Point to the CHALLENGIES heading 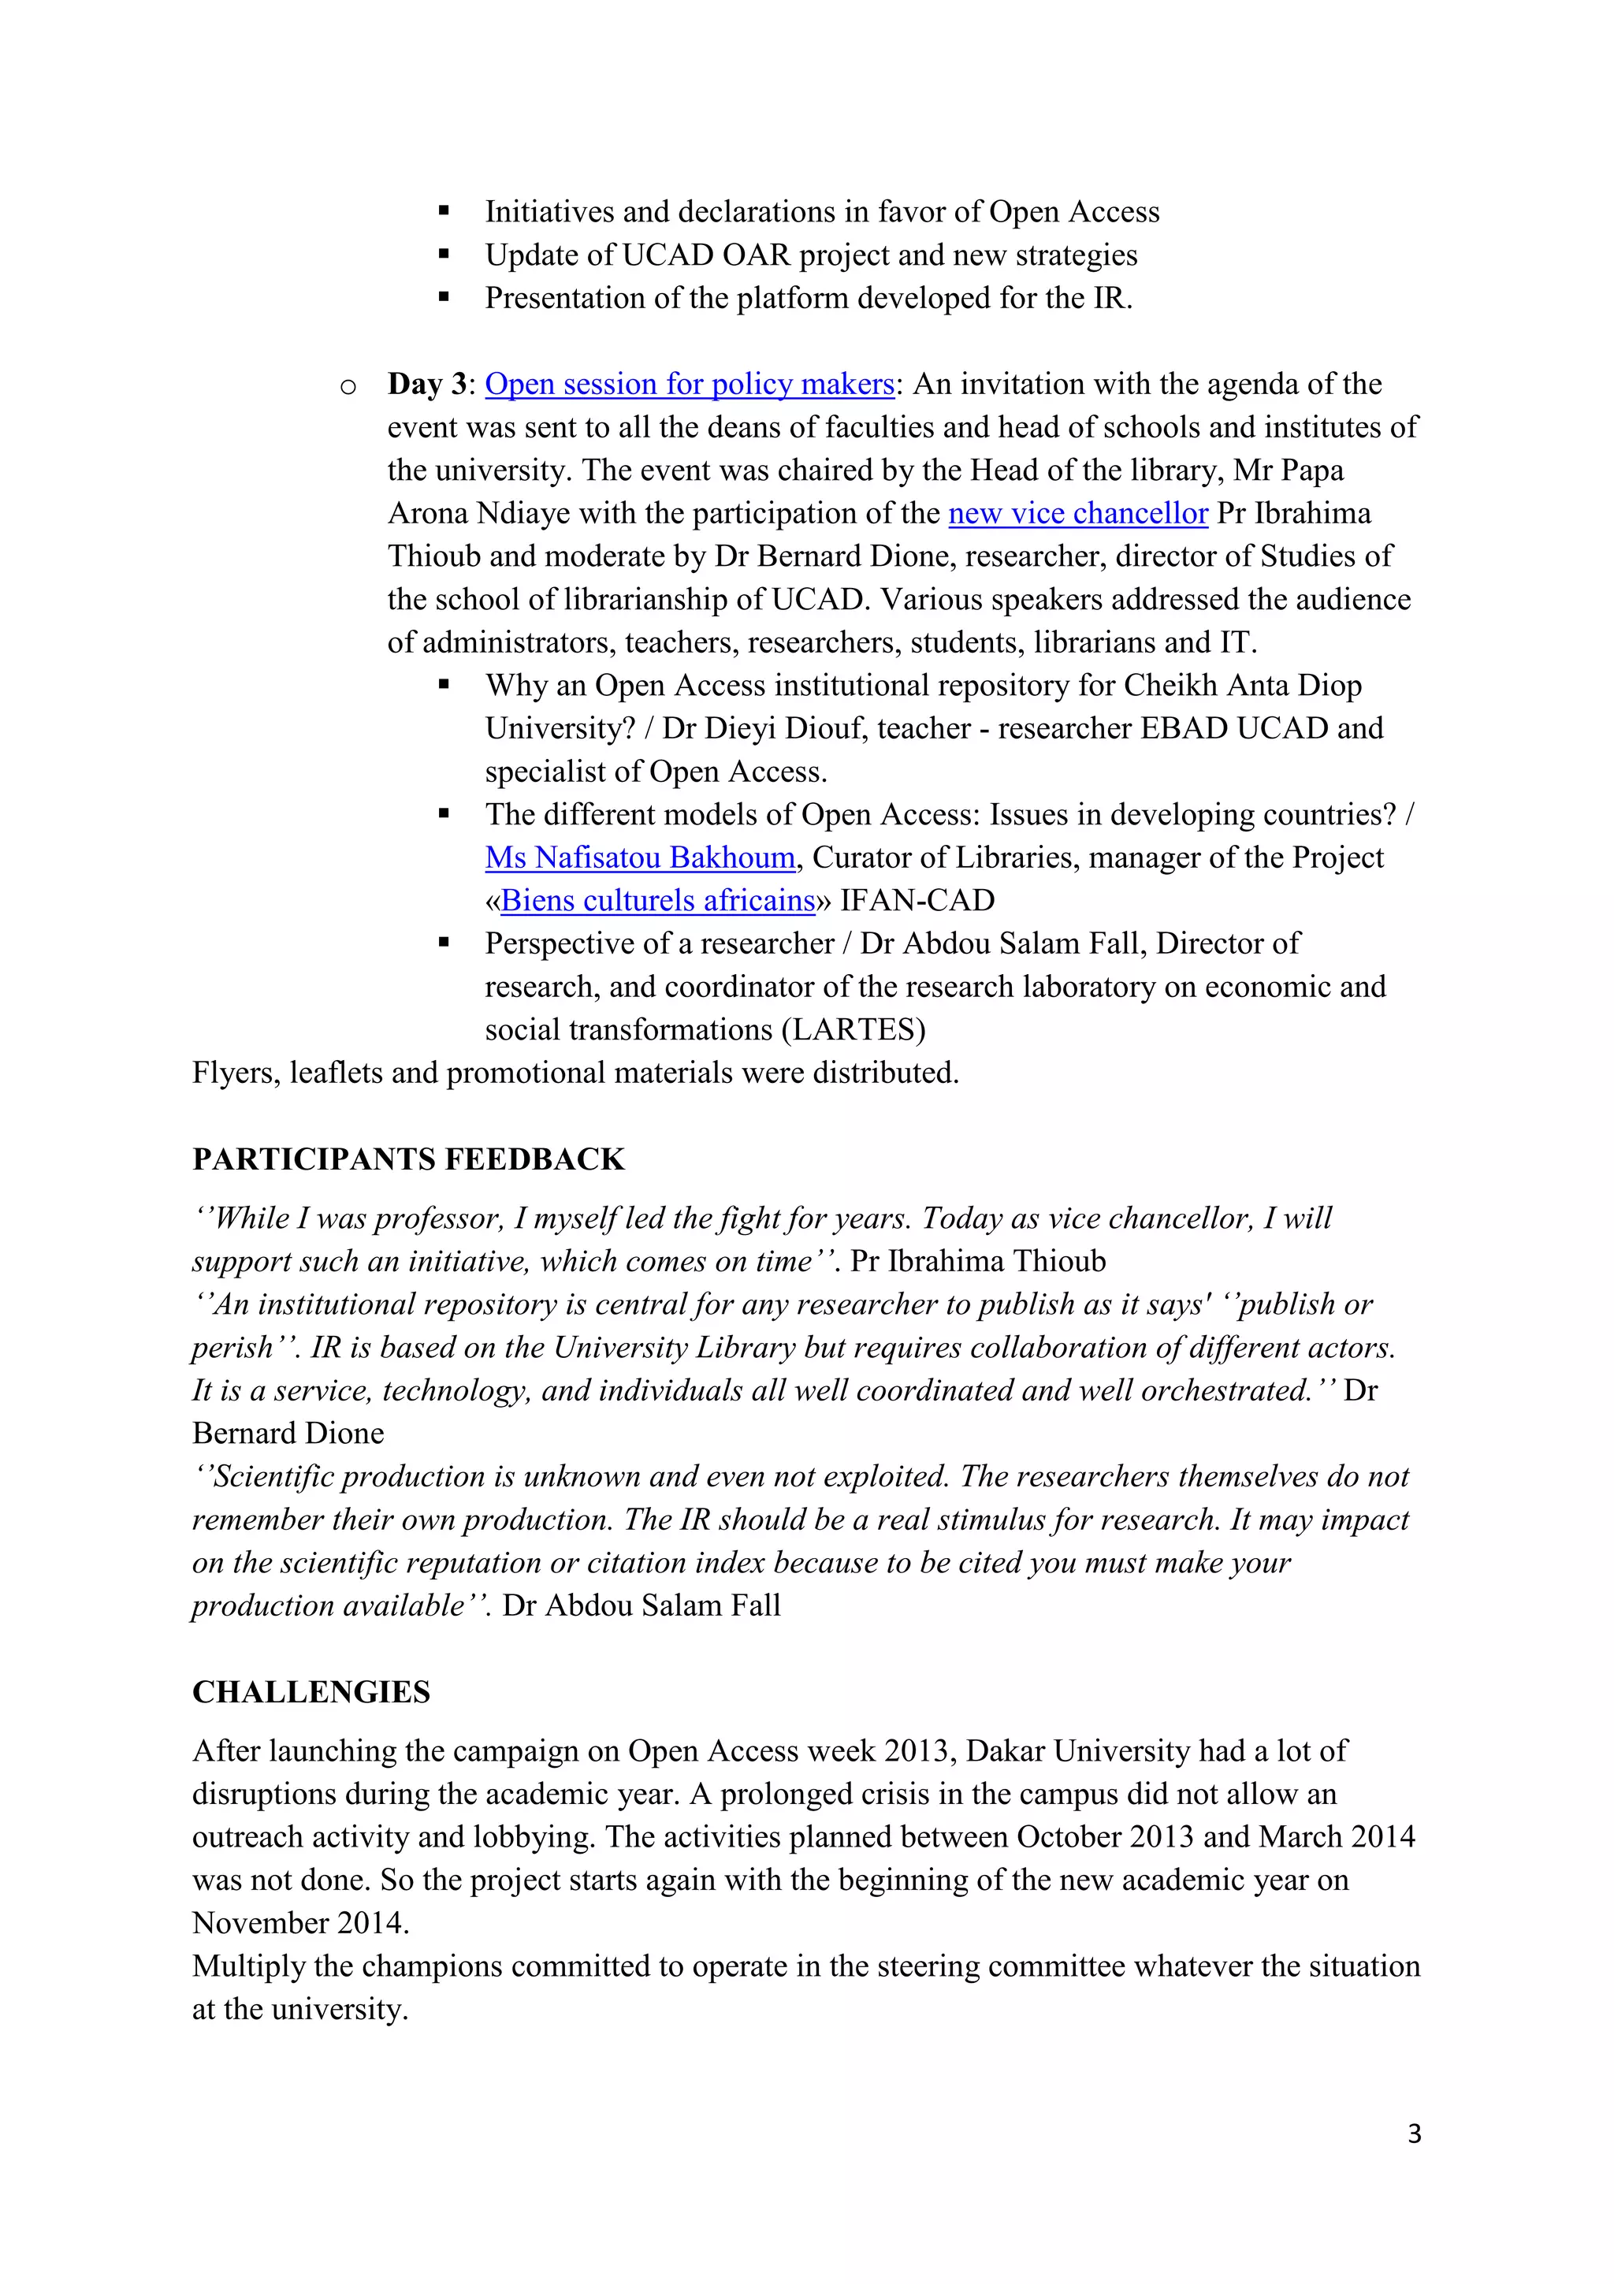click(311, 1692)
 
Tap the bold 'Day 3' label click(426, 384)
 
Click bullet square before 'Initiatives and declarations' click(444, 212)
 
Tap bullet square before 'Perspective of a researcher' click(444, 943)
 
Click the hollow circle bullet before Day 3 click(348, 387)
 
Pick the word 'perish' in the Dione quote click(232, 1348)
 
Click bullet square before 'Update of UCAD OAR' click(444, 255)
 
